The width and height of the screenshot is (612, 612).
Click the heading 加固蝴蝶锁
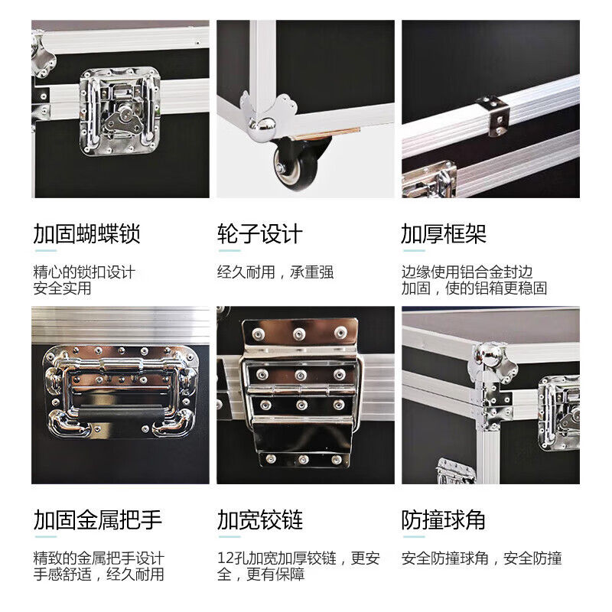tap(86, 234)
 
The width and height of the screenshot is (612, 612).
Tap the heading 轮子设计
tap(260, 234)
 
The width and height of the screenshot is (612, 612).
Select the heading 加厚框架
tap(444, 234)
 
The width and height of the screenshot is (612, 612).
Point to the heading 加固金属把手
tap(98, 521)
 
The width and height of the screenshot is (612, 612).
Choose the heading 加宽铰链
tap(260, 521)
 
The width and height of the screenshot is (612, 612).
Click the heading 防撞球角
tap(444, 521)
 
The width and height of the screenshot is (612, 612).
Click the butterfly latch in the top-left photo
tap(121, 113)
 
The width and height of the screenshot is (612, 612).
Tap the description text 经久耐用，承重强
tap(275, 272)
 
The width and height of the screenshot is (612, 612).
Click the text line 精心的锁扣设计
tap(84, 272)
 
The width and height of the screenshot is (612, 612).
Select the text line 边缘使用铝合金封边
tap(467, 272)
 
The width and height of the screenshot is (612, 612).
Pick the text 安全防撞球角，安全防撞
tap(482, 558)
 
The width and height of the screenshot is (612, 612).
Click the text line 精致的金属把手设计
tap(98, 558)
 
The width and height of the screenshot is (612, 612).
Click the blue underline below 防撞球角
tap(413, 538)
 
